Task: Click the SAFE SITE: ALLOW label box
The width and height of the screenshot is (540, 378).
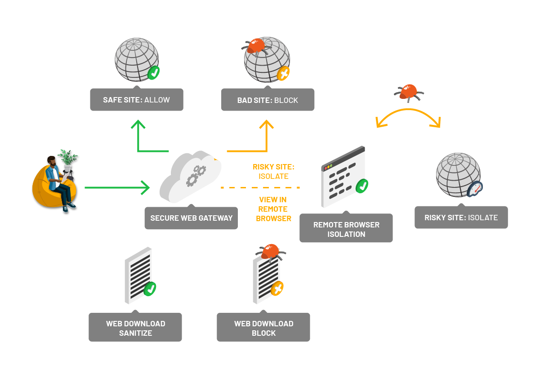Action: [x=136, y=100]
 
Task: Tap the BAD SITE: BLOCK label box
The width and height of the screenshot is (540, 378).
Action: [x=268, y=100]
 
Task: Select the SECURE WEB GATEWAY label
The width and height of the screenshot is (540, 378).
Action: [x=191, y=218]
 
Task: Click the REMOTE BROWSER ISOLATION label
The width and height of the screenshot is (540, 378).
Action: [x=346, y=229]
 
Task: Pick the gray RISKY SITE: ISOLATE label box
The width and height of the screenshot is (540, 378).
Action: [x=461, y=218]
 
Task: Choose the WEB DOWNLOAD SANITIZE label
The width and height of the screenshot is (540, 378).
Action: [x=135, y=328]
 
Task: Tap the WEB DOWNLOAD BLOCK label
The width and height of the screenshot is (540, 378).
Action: [x=263, y=328]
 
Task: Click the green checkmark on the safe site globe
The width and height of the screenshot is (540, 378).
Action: [x=154, y=72]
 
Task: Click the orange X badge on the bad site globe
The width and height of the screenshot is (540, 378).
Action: [x=283, y=73]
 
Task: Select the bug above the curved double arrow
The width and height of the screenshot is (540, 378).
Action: [x=409, y=92]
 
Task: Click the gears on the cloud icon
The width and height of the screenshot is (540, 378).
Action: [x=196, y=175]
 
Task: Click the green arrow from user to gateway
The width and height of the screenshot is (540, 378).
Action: [x=117, y=187]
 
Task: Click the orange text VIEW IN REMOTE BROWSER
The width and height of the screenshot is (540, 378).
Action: [x=273, y=209]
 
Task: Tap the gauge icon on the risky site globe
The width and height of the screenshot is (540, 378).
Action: [x=475, y=189]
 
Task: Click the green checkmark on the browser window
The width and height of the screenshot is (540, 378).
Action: [x=361, y=185]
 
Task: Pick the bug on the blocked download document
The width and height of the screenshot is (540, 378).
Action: [x=270, y=252]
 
